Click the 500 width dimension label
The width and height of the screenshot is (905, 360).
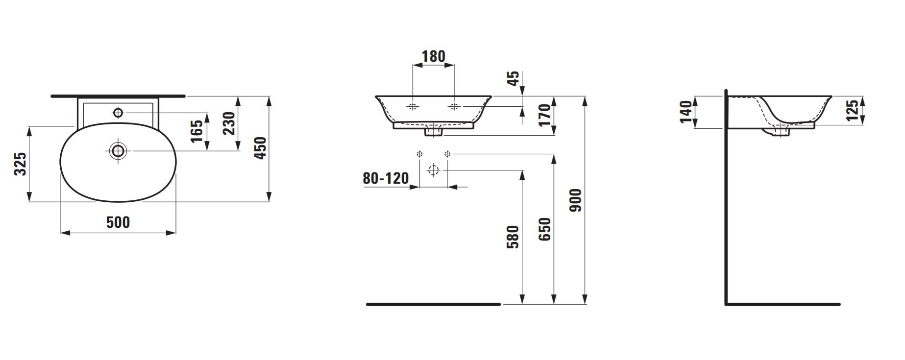(x=118, y=222)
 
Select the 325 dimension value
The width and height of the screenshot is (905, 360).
(x=20, y=164)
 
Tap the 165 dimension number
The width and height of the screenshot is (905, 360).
(x=196, y=131)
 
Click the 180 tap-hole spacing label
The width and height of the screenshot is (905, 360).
(x=434, y=56)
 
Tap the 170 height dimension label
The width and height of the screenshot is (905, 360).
(x=546, y=116)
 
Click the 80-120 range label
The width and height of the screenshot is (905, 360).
(x=386, y=178)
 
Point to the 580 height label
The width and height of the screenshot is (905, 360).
(x=513, y=237)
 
